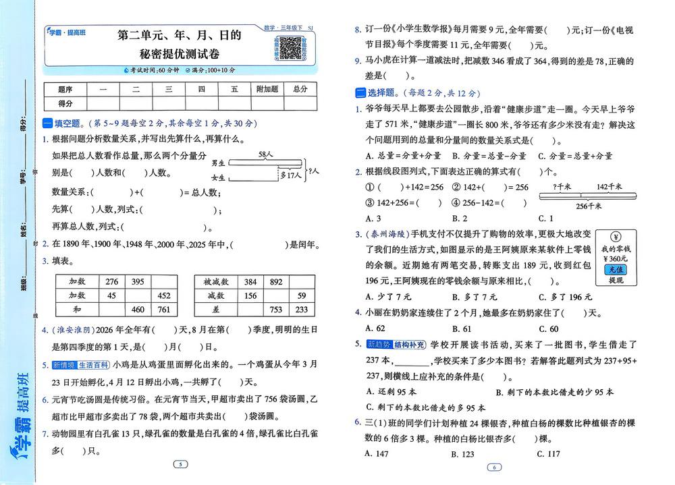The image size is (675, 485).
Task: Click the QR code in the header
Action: click(x=290, y=47)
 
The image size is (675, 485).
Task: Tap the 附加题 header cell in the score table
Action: click(x=267, y=89)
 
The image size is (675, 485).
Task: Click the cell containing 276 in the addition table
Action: click(x=112, y=281)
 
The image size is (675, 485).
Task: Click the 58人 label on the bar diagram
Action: click(x=265, y=154)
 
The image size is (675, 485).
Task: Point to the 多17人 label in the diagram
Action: click(x=290, y=175)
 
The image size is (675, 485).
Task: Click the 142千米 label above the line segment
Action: click(x=610, y=186)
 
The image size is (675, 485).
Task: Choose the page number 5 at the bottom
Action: click(x=180, y=464)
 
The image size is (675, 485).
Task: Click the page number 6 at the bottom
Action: click(x=494, y=467)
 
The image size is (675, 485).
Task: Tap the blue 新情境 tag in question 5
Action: click(x=62, y=365)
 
